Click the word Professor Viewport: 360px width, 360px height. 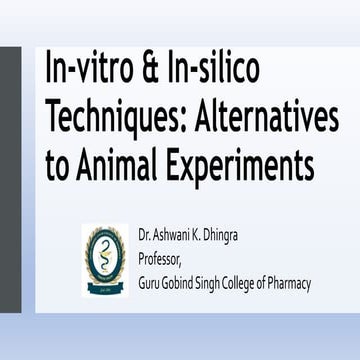(x=164, y=260)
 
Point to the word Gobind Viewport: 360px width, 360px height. (x=193, y=284)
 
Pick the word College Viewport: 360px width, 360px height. (x=268, y=284)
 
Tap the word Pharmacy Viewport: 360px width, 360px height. (x=325, y=284)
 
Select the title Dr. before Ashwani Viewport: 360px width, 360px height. (x=147, y=235)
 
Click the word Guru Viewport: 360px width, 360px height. (x=153, y=284)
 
